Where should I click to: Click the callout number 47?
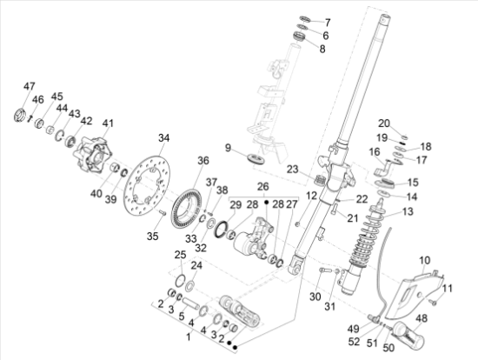coord(30,86)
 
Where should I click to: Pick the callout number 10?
coord(425,260)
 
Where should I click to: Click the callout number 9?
coord(227,149)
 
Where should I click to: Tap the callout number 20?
coord(383,123)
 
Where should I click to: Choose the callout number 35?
coord(153,236)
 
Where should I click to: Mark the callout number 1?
coord(185,334)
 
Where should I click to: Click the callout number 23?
coord(292,170)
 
